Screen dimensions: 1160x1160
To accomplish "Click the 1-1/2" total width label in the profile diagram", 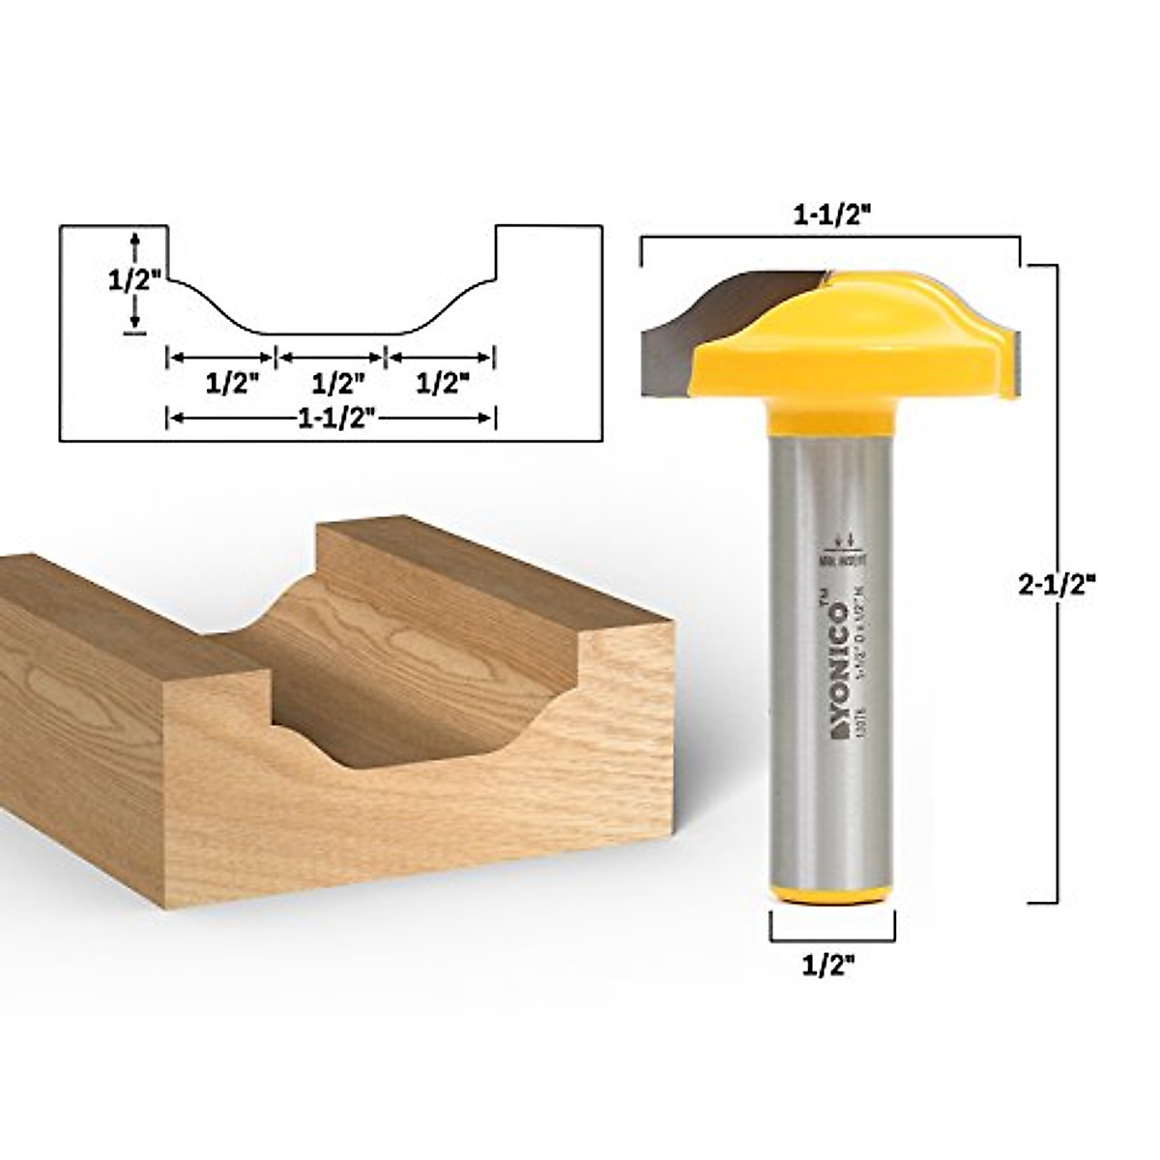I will (332, 418).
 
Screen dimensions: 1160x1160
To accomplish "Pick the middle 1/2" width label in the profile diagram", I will (332, 383).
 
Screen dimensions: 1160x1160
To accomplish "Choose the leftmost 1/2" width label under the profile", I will (222, 383).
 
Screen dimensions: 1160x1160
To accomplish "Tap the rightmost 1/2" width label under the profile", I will (442, 383).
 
